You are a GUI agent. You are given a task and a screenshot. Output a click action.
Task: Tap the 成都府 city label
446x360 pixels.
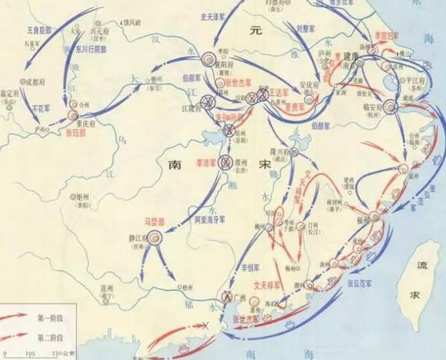[34, 79]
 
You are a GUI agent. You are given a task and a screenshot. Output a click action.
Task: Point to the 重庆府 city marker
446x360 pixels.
[73, 115]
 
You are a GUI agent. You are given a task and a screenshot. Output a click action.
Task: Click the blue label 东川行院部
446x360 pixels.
[87, 52]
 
